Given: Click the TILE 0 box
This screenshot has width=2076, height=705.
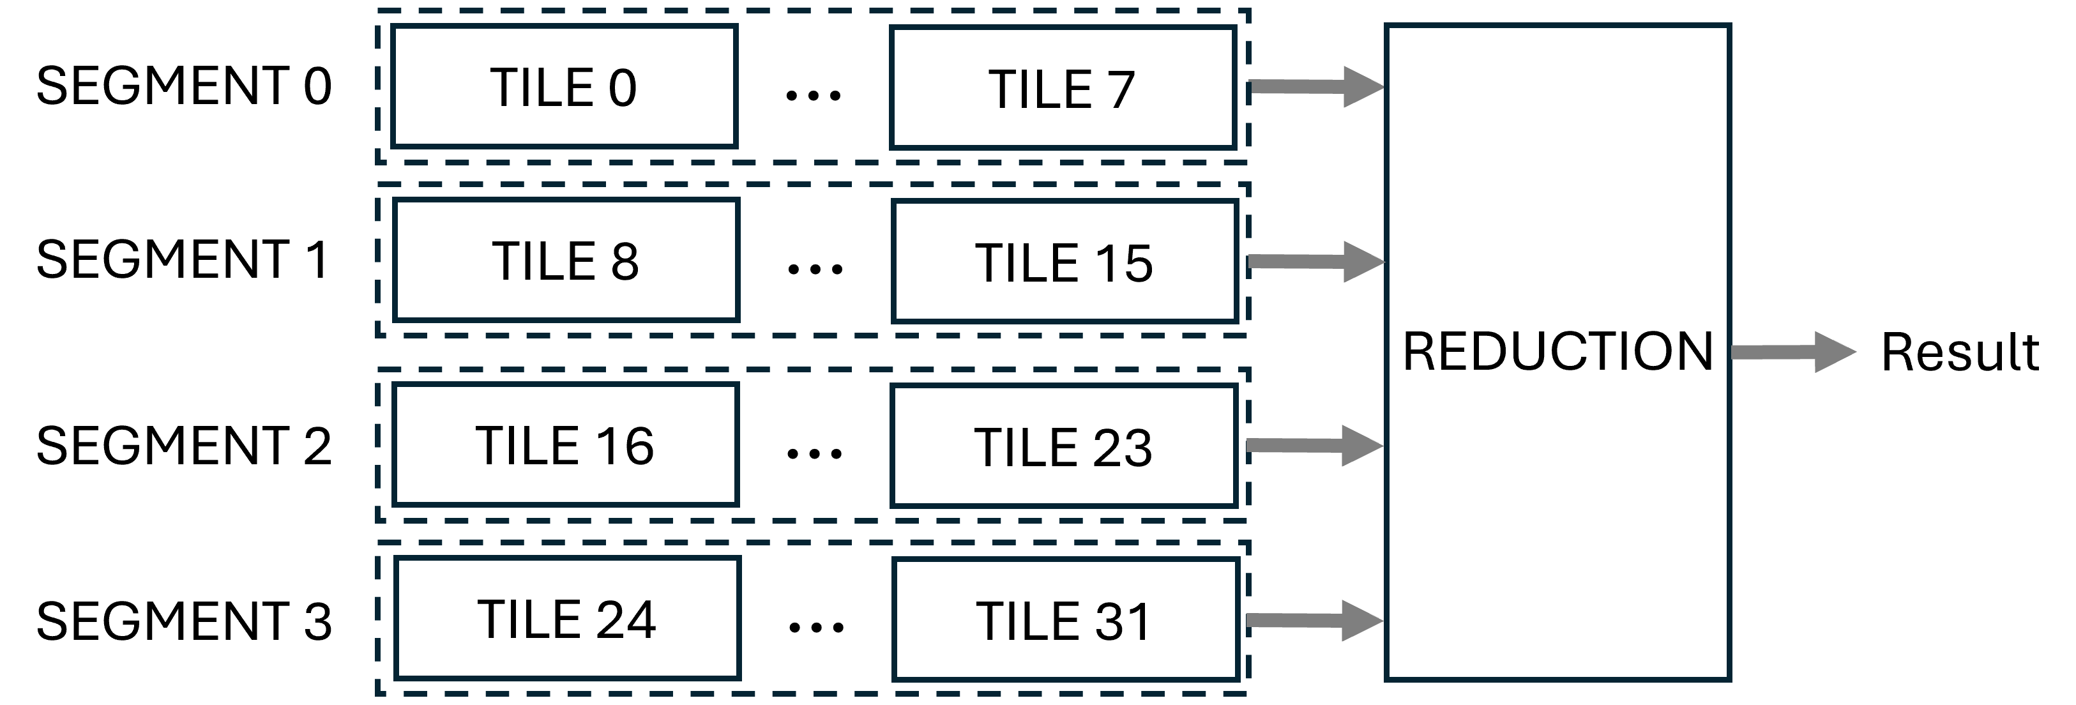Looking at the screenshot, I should point(564,86).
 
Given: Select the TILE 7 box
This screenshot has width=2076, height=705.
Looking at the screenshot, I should point(1062,88).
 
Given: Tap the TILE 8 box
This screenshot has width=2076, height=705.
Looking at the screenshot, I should point(566,261).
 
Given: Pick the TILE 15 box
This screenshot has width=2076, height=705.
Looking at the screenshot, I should point(1064,262).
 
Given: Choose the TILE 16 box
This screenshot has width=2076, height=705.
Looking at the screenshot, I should point(565,444).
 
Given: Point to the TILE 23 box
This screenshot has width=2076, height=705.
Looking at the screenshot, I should point(1063,446).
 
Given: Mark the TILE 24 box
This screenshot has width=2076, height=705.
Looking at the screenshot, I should point(567,618).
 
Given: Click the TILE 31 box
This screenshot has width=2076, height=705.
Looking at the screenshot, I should point(1064,619).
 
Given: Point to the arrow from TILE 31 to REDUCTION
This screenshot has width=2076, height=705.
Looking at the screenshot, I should point(1314,621).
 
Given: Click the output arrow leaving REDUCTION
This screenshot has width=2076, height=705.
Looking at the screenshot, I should point(1792,352).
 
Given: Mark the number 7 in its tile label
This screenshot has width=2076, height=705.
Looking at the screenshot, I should point(1121,89).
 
